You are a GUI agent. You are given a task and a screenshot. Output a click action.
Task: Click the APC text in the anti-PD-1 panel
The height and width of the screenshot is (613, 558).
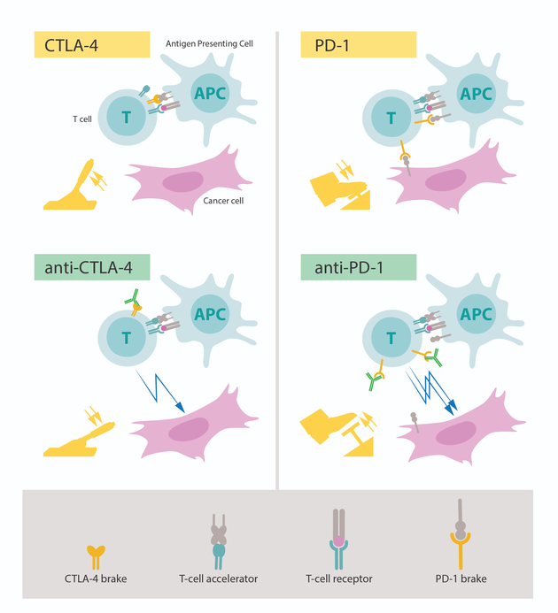[477, 314]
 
